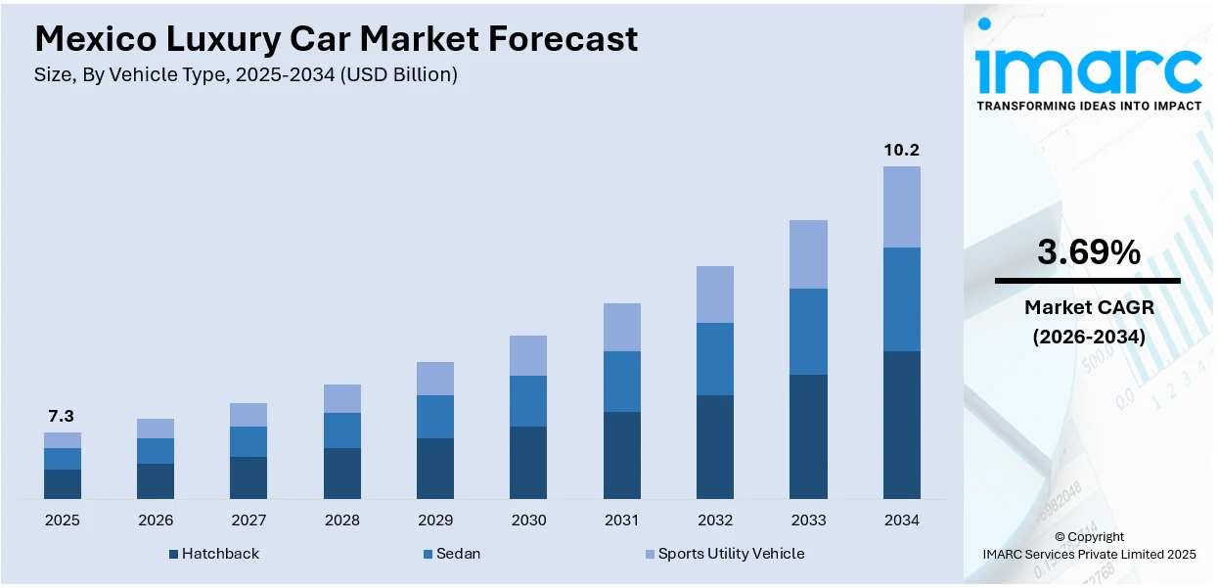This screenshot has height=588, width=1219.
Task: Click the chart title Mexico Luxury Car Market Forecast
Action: [336, 38]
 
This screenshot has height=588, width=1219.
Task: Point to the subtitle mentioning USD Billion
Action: [246, 74]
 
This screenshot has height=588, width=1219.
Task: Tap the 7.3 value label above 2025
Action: [62, 417]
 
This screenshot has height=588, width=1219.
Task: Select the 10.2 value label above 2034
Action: [901, 150]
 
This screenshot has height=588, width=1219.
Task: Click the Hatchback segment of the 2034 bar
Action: [901, 425]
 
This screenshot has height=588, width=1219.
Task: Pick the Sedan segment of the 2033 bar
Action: [808, 332]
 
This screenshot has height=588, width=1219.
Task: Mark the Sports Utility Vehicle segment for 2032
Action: [715, 294]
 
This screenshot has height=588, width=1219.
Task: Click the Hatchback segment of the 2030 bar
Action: [528, 462]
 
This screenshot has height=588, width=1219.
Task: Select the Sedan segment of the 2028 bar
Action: [341, 430]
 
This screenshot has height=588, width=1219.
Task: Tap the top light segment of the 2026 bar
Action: [156, 429]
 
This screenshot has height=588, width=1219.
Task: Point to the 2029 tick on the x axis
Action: [434, 520]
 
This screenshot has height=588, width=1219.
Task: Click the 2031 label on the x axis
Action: [621, 520]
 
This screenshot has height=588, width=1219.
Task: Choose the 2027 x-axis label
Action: [248, 520]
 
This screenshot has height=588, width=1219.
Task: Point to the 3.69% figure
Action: [1088, 252]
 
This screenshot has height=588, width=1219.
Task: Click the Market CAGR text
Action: [1088, 307]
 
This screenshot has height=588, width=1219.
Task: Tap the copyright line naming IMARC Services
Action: [1089, 554]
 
